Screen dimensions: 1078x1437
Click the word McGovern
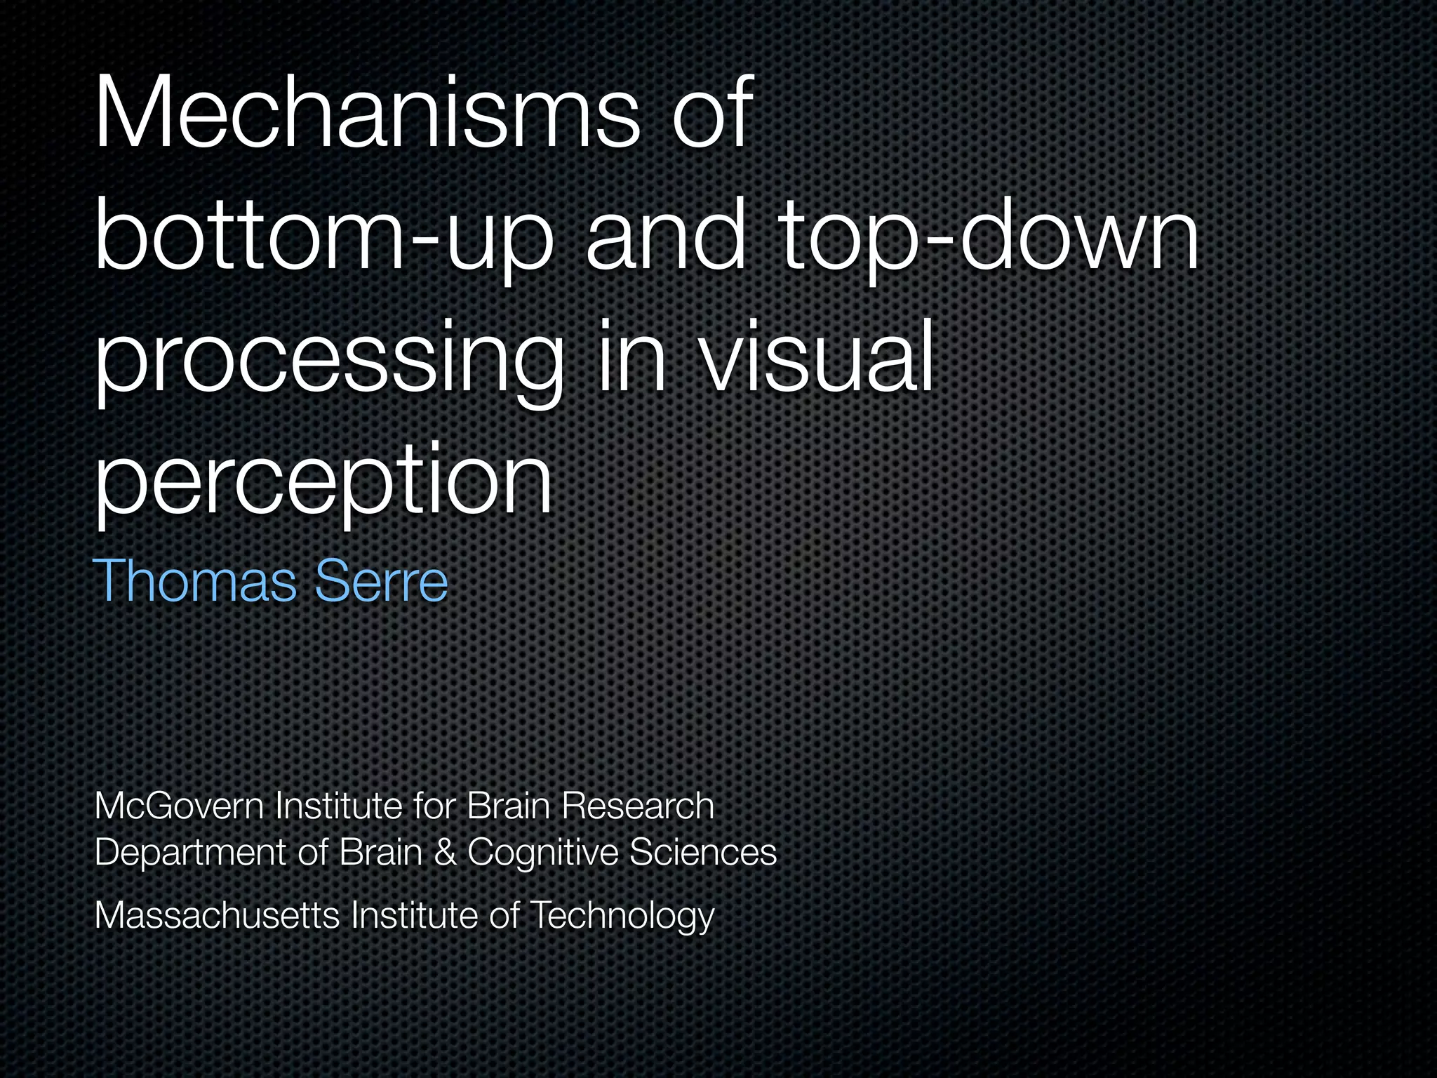(x=179, y=805)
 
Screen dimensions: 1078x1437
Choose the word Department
(x=189, y=853)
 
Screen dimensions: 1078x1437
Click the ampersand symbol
(x=444, y=852)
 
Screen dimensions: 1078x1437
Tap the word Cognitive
(x=543, y=853)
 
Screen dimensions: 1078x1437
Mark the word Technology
(x=622, y=916)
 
